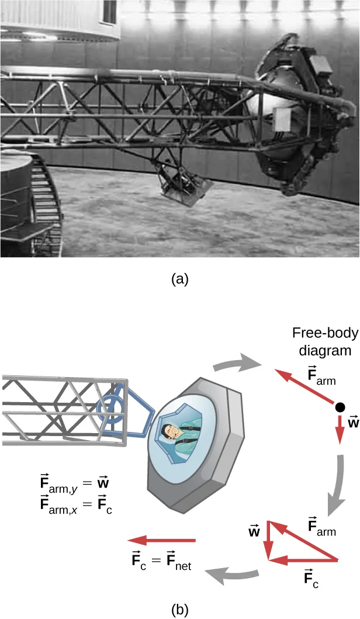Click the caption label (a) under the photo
click(179, 279)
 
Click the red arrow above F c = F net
click(162, 541)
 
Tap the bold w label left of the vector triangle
click(253, 532)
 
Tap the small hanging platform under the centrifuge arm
click(185, 187)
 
